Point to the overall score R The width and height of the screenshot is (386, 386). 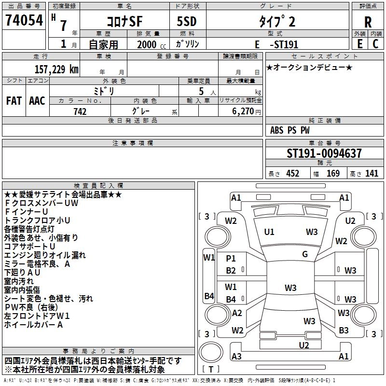coord(368,22)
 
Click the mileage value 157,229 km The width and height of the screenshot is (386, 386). coord(56,69)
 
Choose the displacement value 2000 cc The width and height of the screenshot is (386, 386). coord(150,45)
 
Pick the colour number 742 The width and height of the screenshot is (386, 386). coord(80,111)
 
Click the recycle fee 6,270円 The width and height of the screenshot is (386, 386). coord(246,111)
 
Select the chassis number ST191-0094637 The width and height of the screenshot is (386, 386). coord(324,154)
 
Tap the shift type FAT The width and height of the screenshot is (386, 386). coord(14,101)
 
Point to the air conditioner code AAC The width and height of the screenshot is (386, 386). coord(37,101)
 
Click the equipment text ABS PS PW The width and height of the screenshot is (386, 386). coord(290,130)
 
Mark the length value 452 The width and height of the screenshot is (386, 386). coord(292,174)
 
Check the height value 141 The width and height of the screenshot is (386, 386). coord(372,174)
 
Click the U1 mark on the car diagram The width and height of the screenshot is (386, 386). coord(269,232)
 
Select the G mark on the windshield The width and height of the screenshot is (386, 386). coord(305,254)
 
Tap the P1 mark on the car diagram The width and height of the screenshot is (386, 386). coord(231,259)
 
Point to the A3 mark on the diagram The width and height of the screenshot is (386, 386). coord(236,357)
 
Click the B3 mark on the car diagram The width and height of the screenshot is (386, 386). coord(344,331)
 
